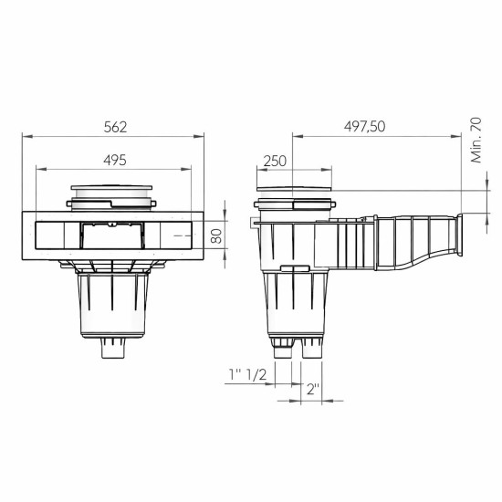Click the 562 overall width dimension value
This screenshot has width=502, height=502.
coord(112,126)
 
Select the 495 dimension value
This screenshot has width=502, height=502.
coord(112,159)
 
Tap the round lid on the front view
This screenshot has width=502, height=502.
coord(112,193)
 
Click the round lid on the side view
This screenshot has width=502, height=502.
coord(291,194)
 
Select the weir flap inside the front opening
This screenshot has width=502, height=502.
coord(112,236)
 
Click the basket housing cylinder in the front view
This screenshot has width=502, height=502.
coord(112,306)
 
